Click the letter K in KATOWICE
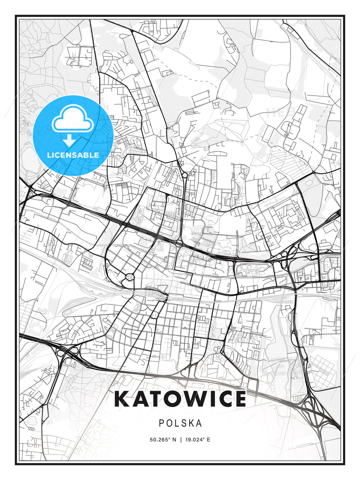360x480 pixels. [x=122, y=399]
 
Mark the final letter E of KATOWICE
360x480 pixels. [x=240, y=399]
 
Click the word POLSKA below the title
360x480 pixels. [x=180, y=423]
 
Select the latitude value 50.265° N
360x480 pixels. [x=163, y=440]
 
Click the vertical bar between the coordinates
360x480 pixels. [x=181, y=440]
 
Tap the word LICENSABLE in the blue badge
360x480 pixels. [x=73, y=155]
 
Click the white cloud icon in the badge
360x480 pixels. [x=72, y=119]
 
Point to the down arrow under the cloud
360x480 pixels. [x=70, y=140]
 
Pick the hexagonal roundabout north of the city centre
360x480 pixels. [x=184, y=175]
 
